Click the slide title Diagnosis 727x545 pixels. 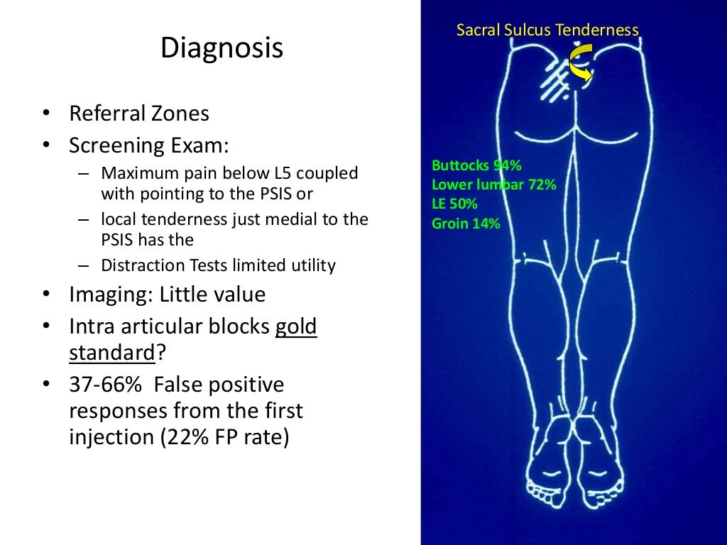pyautogui.click(x=222, y=49)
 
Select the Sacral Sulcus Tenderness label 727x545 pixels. pyautogui.click(x=547, y=30)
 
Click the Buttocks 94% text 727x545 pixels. pyautogui.click(x=476, y=166)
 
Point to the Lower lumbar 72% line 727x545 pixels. pyautogui.click(x=493, y=185)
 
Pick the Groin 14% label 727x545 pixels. pyautogui.click(x=466, y=224)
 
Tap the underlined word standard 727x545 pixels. pyautogui.click(x=111, y=353)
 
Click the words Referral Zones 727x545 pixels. pyautogui.click(x=139, y=114)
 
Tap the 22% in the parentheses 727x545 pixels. pyautogui.click(x=187, y=436)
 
